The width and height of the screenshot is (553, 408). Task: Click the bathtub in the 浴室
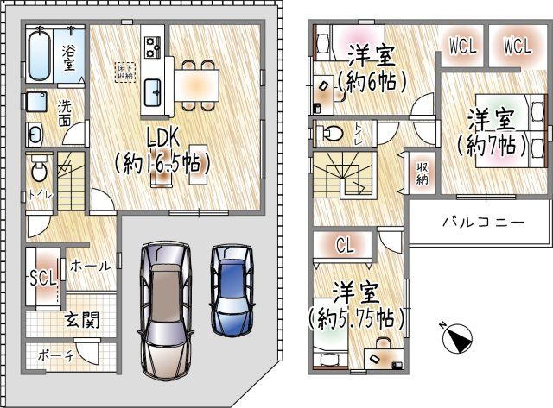coord(40,56)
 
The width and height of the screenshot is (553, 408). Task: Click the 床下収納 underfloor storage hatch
coord(126,72)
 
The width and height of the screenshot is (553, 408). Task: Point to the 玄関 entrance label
coord(79,320)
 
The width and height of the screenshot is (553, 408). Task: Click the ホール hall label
coord(88,266)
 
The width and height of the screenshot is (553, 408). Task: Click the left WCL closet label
coord(461,47)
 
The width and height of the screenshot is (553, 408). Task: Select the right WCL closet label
coord(517,47)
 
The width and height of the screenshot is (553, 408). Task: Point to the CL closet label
coord(345,246)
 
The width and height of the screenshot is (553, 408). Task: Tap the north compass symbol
coord(455,337)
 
